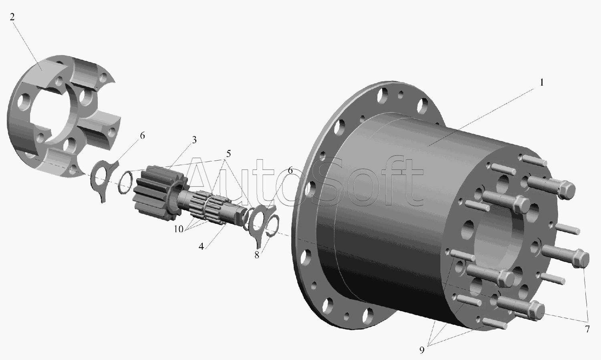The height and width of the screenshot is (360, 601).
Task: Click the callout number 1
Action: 542,83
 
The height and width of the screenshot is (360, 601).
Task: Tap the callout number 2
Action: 12,17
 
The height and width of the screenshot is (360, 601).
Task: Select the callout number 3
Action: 194,140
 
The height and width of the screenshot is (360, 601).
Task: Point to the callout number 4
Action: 201,246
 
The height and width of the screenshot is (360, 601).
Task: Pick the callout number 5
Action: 228,154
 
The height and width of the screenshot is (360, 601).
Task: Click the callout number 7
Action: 587,329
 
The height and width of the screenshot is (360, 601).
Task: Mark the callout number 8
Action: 257,255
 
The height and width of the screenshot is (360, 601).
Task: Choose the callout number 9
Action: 422,350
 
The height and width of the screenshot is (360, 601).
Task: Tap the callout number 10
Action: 178,229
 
